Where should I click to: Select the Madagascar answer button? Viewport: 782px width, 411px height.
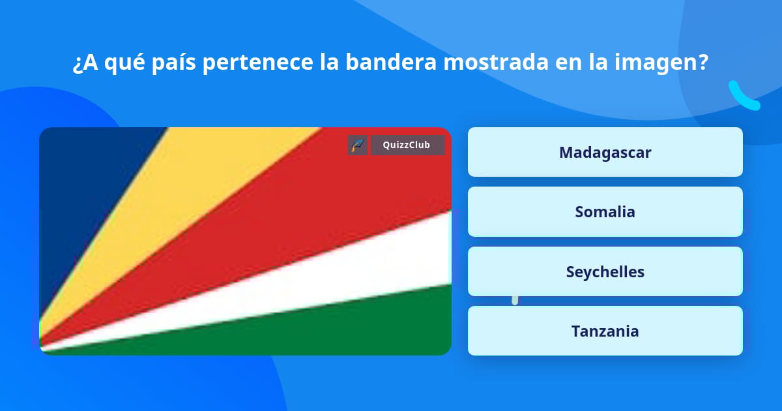coord(605,152)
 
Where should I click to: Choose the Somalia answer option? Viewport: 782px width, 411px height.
coord(605,211)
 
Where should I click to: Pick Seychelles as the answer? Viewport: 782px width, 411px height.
coord(605,271)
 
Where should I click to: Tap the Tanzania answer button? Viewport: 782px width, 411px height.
coord(605,331)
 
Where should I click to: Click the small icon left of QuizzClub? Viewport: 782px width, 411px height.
coord(358,145)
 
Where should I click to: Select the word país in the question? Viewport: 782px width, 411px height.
coord(173,63)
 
